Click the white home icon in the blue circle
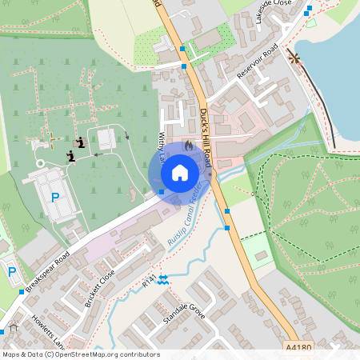click(180, 172)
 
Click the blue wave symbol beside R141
click(163, 278)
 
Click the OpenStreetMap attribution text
click(80, 354)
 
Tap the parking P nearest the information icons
click(55, 197)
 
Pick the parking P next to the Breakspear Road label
click(12, 272)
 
